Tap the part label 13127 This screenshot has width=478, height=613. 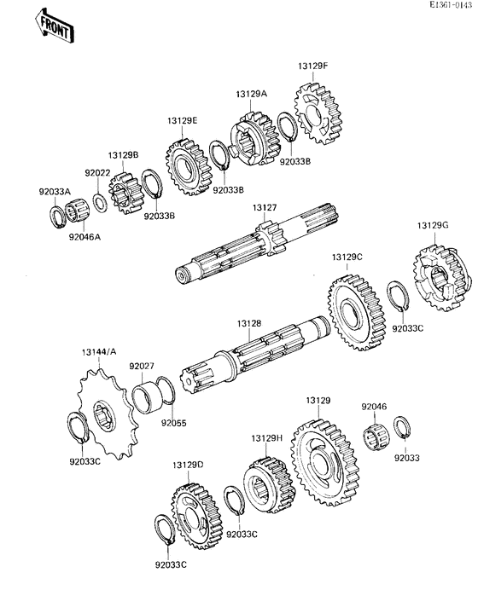click(265, 207)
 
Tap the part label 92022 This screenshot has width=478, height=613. click(97, 173)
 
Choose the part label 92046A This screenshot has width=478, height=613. click(84, 237)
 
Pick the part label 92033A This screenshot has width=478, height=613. click(54, 194)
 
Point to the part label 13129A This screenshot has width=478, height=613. click(252, 95)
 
